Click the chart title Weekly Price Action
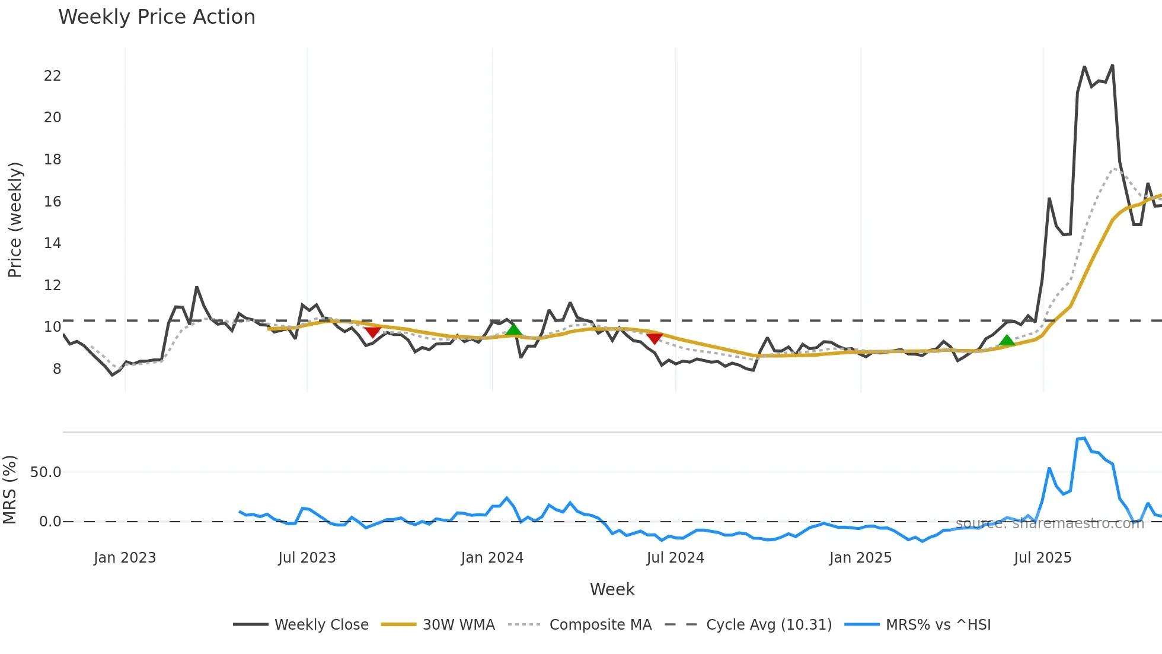tap(157, 17)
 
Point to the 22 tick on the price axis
tap(52, 76)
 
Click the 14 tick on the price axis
tap(52, 243)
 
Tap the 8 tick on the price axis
tap(56, 369)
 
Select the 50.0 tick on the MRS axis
tap(46, 472)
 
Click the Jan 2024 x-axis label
tap(492, 558)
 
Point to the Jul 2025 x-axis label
tap(1042, 558)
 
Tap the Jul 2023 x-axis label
tap(307, 558)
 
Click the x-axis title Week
tap(612, 589)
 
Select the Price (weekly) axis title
tap(15, 220)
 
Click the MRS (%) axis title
tap(9, 490)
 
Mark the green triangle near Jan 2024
tap(513, 330)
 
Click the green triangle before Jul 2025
tap(1006, 341)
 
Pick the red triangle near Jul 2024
tap(655, 338)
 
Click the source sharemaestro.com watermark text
tap(1049, 523)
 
